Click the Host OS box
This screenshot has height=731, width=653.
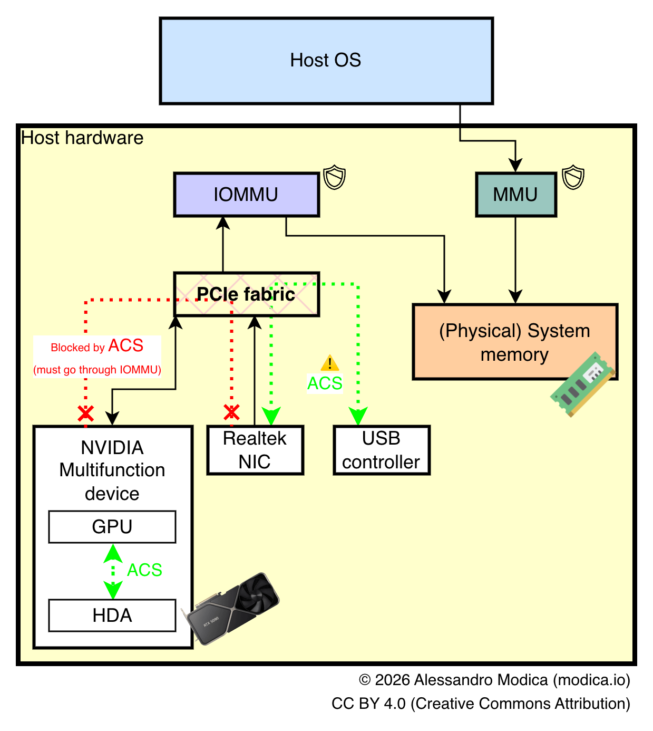[x=326, y=61]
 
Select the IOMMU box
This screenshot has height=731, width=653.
[x=246, y=195]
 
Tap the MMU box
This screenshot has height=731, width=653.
[x=515, y=195]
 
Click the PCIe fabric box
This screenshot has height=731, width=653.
[x=246, y=294]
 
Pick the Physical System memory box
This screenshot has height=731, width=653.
[x=514, y=342]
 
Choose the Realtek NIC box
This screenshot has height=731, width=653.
[x=255, y=450]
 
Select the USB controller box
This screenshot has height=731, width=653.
[x=382, y=450]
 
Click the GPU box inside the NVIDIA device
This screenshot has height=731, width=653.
[x=112, y=526]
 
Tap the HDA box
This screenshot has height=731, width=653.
[x=112, y=615]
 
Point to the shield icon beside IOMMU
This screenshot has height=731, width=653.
[x=334, y=177]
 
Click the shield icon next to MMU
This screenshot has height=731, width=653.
[x=573, y=177]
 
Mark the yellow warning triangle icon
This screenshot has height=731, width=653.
[x=330, y=363]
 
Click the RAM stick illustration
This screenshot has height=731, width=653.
[x=582, y=384]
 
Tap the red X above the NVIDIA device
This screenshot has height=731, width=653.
[x=86, y=413]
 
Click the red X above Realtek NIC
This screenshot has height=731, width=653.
[x=231, y=412]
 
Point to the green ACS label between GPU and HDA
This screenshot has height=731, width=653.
[x=144, y=570]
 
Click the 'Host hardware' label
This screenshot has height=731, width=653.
[x=82, y=138]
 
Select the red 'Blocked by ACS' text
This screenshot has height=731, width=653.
[x=97, y=347]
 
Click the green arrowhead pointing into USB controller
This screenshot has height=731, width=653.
[x=358, y=416]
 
